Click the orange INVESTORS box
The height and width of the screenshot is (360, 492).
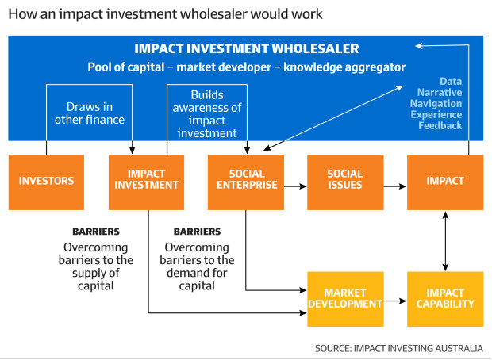coord(46,182)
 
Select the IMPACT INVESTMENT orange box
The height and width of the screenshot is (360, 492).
coord(146,182)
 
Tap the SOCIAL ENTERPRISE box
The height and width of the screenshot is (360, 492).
coord(245,182)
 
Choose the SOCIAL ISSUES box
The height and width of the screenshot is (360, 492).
coord(345,182)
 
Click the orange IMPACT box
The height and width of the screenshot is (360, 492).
coord(444,182)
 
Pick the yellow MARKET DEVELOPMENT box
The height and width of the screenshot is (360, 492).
coord(345,299)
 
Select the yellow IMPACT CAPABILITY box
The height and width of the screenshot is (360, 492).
coord(444,299)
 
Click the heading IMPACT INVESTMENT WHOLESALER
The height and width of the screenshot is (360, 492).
coord(246,49)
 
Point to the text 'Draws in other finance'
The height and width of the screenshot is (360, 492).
coord(88,113)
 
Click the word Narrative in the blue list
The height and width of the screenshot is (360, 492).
coord(441,92)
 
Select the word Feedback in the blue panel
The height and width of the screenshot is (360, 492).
coord(440,125)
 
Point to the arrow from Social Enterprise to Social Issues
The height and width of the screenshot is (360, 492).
coord(295,186)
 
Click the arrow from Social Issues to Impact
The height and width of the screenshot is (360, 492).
coord(394,186)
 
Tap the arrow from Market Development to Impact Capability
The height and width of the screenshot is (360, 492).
coord(394,301)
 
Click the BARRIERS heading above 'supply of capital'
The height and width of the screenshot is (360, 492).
coord(96,232)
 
